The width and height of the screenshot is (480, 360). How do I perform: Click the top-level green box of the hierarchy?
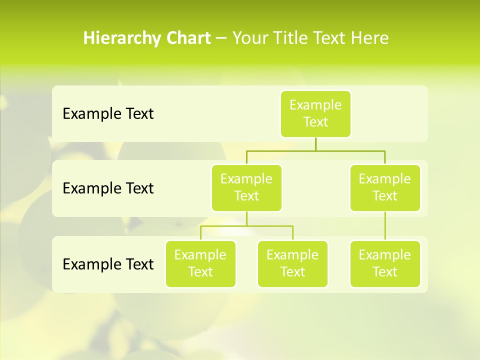pyautogui.click(x=315, y=113)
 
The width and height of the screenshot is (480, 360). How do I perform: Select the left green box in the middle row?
pyautogui.click(x=246, y=187)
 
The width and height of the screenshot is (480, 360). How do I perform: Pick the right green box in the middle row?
pyautogui.click(x=385, y=187)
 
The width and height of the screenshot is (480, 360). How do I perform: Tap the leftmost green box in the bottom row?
pyautogui.click(x=200, y=263)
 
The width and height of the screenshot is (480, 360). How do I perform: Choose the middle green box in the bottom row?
pyautogui.click(x=292, y=263)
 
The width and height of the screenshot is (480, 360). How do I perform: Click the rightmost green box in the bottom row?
pyautogui.click(x=385, y=263)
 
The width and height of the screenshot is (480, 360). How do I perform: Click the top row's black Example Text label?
pyautogui.click(x=108, y=114)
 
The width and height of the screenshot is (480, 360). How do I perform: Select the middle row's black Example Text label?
pyautogui.click(x=108, y=188)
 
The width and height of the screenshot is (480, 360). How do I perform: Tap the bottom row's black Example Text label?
pyautogui.click(x=108, y=264)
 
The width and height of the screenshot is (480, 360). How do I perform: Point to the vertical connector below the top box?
pyautogui.click(x=315, y=144)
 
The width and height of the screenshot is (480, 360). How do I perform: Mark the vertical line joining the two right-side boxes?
pyautogui.click(x=385, y=226)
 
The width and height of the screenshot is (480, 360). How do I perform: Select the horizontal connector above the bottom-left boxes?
pyautogui.click(x=246, y=226)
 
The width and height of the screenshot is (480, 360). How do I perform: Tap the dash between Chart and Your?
pyautogui.click(x=221, y=38)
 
